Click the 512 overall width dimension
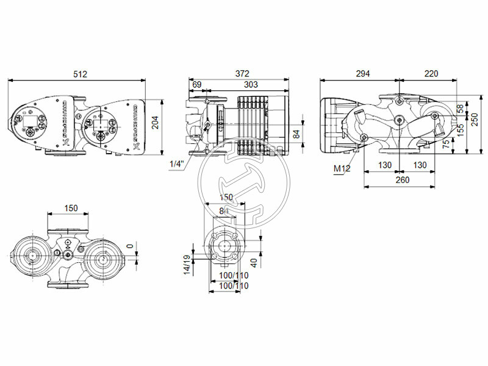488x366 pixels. pos(80,74)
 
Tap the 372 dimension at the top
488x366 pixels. pos(242,74)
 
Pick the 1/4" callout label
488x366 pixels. pos(177,164)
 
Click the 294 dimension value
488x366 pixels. pos(362,74)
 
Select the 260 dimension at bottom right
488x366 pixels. pos(403,181)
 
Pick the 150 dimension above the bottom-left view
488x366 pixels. pos(71,209)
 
